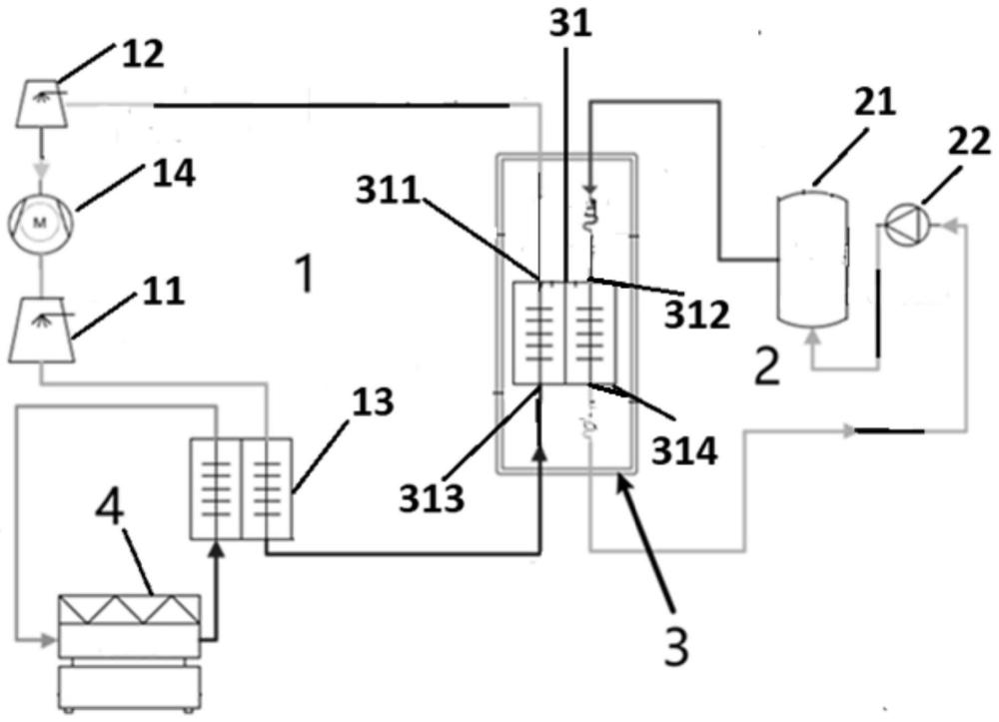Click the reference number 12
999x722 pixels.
tap(143, 54)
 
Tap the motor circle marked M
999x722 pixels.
tap(41, 222)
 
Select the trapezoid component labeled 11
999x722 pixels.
tap(41, 331)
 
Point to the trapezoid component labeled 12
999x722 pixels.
tap(41, 103)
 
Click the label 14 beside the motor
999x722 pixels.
tap(173, 173)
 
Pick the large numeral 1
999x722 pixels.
tap(306, 273)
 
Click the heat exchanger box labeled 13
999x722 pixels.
tap(242, 488)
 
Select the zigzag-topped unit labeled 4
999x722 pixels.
tap(129, 653)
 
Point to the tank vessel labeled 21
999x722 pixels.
tap(813, 259)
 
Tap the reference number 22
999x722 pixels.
tap(970, 141)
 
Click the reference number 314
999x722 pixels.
tap(684, 449)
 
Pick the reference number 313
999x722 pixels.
tap(432, 498)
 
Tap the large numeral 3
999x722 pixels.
tap(676, 646)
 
